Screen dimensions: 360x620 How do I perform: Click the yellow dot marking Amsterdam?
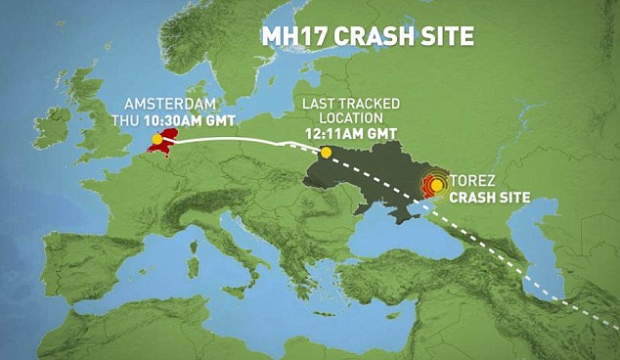point(156,140)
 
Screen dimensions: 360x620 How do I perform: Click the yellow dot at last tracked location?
point(326,152)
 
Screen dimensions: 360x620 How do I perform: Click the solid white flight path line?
point(235,141)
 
